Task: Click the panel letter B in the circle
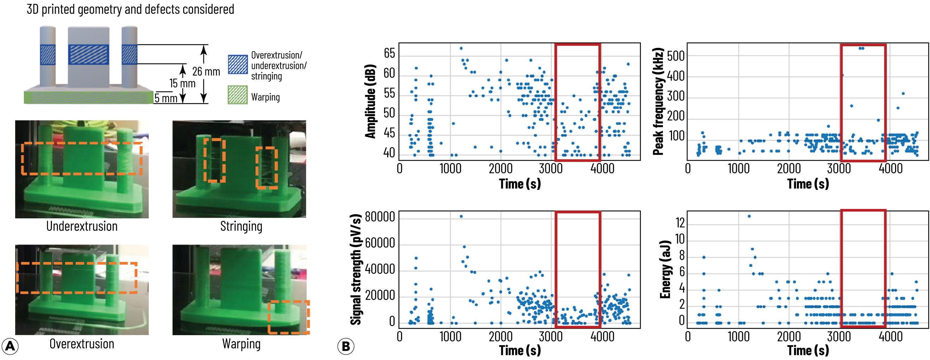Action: [346, 347]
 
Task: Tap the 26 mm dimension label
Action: [206, 72]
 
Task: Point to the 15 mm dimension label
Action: [182, 83]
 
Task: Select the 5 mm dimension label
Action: [166, 98]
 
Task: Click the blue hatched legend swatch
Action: [238, 65]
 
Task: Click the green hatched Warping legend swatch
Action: [238, 95]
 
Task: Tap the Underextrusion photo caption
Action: [82, 226]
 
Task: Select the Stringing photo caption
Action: [241, 227]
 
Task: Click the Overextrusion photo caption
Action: [82, 344]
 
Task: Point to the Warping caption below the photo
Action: [241, 344]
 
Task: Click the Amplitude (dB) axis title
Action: [371, 101]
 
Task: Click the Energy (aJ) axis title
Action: [665, 270]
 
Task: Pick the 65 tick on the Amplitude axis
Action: [390, 54]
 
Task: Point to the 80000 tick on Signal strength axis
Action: [380, 217]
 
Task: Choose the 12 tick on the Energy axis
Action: [680, 223]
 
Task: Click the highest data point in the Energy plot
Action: [749, 216]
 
